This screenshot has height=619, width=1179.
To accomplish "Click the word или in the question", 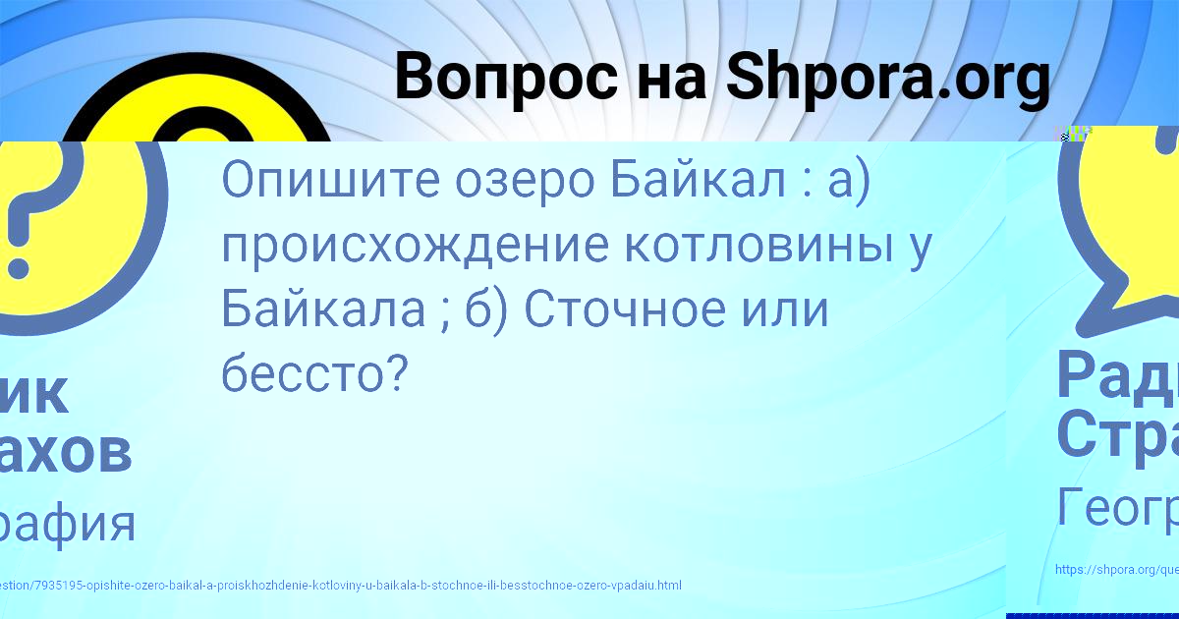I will pos(786,309).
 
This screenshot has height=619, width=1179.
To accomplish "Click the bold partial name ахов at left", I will pos(65,453).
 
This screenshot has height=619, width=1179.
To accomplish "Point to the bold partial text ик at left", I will pos(34,393).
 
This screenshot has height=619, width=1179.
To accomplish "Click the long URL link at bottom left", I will pos(340,586).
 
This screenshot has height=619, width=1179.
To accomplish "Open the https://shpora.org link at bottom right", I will pos(1116,569).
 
